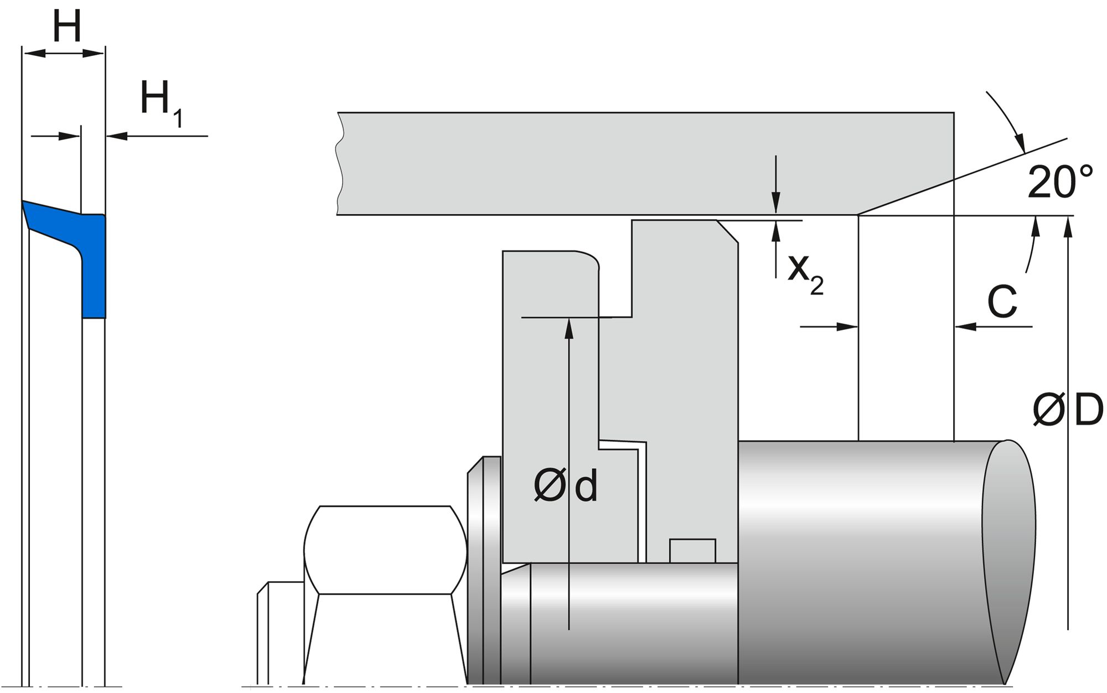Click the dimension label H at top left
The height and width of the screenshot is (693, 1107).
click(67, 27)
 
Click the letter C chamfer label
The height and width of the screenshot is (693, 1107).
click(1002, 302)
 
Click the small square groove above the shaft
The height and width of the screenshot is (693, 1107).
click(692, 551)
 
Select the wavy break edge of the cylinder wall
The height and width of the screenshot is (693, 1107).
click(339, 163)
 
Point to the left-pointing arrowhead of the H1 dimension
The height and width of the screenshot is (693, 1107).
click(117, 135)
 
